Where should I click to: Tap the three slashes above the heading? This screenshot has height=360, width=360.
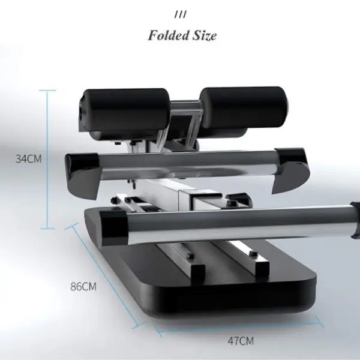(181, 15)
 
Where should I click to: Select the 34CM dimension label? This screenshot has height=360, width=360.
(28, 159)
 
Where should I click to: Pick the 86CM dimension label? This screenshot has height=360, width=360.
(83, 287)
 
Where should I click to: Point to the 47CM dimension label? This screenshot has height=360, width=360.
(241, 341)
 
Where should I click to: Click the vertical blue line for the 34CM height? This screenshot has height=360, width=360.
(47, 160)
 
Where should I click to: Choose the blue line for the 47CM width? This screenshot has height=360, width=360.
(239, 328)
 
